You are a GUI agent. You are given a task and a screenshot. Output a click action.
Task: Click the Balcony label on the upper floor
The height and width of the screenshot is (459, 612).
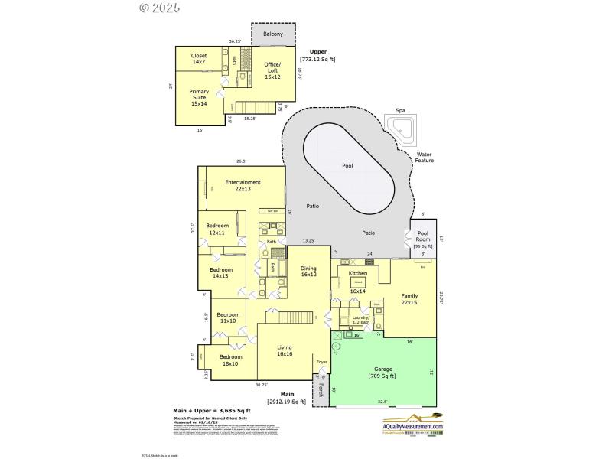pos(273,34)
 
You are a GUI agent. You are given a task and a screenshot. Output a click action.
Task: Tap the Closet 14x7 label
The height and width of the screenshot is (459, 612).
pos(199,58)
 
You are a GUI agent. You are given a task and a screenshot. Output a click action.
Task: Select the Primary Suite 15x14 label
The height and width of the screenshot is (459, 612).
pos(199,97)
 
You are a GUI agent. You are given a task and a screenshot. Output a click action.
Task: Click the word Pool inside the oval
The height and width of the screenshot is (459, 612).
pos(348,165)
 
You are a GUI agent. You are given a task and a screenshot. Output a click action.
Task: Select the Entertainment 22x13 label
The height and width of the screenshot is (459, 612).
pos(243,185)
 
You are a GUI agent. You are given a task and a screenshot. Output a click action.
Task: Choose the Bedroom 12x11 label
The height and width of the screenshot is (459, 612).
pos(217,229)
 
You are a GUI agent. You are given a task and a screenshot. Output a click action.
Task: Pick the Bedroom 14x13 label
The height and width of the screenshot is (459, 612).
pos(221,272)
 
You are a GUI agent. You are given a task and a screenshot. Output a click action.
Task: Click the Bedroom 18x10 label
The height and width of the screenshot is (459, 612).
pos(230,360)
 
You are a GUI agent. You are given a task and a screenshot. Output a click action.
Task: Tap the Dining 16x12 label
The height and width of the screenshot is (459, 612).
pos(308,272)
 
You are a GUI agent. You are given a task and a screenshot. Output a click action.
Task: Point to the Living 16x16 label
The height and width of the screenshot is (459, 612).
pos(285,350)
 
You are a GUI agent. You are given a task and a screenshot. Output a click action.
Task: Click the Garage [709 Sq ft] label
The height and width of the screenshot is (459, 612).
pos(381,371)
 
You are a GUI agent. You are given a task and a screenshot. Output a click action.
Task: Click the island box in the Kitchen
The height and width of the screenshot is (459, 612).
pos(358,282)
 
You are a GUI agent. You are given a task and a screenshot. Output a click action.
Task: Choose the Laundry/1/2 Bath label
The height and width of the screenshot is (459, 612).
pos(360,321)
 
